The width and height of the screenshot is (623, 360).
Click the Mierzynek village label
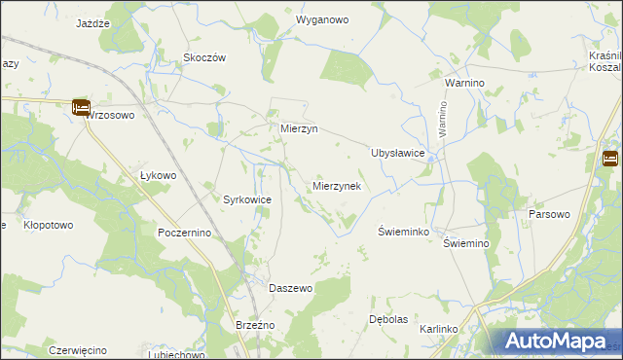[338, 185]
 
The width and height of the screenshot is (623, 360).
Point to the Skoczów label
[204, 57]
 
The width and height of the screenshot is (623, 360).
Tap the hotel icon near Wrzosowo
[81, 108]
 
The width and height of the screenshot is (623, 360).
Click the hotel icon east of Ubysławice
[610, 160]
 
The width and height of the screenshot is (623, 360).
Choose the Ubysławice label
[398, 153]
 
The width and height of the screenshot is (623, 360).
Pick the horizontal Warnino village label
[464, 84]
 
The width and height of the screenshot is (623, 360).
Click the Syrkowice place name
[247, 199]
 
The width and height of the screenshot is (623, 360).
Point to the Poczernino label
[184, 234]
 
